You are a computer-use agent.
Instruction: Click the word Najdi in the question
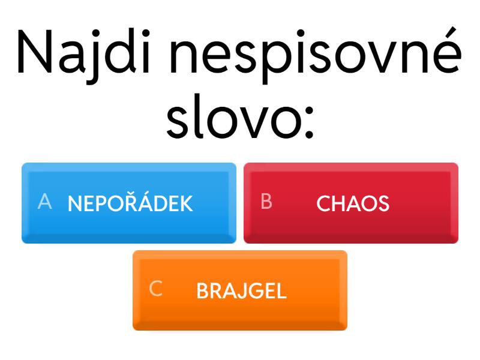pyautogui.click(x=83, y=55)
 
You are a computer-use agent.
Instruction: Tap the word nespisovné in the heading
pyautogui.click(x=316, y=55)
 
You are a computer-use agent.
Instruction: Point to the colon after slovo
pyautogui.click(x=309, y=122)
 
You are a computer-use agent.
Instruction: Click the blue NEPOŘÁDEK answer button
pyautogui.click(x=129, y=203)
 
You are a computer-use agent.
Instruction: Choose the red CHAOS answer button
pyautogui.click(x=351, y=203)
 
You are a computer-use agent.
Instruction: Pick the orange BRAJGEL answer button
pyautogui.click(x=240, y=290)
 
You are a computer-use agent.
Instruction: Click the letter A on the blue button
pyautogui.click(x=44, y=202)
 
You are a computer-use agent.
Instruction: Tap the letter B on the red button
pyautogui.click(x=266, y=202)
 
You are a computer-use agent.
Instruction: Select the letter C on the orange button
pyautogui.click(x=156, y=289)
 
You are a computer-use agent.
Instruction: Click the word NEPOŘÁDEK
pyautogui.click(x=130, y=202)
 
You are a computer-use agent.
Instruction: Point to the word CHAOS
pyautogui.click(x=353, y=203)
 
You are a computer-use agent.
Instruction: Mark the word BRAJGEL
pyautogui.click(x=242, y=290)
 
